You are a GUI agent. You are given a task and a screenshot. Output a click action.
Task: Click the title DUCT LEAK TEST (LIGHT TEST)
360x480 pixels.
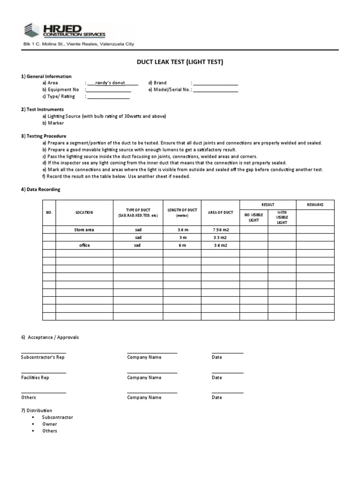180,62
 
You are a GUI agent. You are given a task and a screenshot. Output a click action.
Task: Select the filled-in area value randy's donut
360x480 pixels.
110,83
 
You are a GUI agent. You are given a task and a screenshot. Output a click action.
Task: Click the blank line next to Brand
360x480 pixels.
216,84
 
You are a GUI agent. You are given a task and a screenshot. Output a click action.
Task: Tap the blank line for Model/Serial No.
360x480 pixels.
216,91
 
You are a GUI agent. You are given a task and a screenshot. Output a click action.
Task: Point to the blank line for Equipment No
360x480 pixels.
108,91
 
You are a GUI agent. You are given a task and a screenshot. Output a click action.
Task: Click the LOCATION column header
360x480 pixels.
84,212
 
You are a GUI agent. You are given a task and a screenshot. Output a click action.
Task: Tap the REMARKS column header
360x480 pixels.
315,205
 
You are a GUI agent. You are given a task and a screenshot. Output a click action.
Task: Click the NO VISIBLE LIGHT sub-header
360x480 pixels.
254,217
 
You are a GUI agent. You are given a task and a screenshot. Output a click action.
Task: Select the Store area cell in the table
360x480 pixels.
84,230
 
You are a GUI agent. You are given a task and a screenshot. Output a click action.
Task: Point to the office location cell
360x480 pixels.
84,245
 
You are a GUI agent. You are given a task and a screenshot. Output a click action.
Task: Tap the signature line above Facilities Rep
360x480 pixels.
44,372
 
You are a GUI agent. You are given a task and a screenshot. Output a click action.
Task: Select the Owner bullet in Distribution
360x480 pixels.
50,424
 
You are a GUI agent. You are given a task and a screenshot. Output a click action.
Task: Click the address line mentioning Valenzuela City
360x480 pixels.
79,44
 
